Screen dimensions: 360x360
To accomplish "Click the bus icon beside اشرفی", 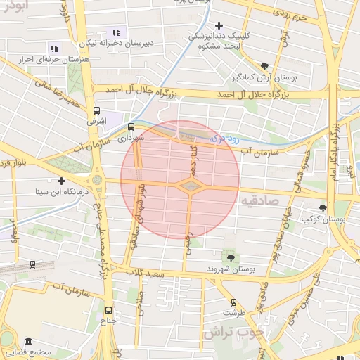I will point(96,110).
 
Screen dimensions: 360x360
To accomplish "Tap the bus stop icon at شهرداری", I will point(131,127).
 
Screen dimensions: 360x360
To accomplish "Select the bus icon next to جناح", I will point(108,309).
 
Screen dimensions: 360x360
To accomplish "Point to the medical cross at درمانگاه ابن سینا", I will point(62,181).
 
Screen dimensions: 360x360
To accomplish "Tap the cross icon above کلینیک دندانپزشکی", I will point(219,25).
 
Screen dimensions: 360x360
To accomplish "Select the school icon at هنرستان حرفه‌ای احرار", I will point(56,47).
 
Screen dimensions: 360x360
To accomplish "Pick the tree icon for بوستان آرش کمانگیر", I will point(264,65).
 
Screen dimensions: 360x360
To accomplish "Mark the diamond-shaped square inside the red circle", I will point(191,186).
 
